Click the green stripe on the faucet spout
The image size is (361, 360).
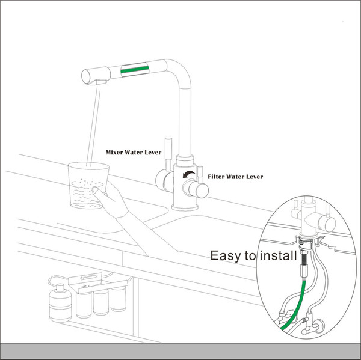coord(134,69)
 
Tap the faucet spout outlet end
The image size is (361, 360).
coord(86,76)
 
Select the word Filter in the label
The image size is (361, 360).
coord(216,177)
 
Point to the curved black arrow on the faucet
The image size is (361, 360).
coord(188,174)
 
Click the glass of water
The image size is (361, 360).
coord(88,185)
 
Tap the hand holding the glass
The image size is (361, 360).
coord(111,200)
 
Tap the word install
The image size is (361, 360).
coord(278,255)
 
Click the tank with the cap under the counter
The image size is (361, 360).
coord(60,302)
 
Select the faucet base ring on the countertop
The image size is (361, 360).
coord(185,207)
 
